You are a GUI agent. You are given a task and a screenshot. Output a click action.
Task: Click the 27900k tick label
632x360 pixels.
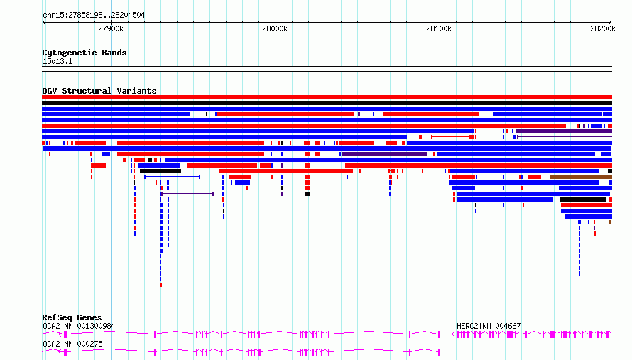pyautogui.click(x=111, y=28)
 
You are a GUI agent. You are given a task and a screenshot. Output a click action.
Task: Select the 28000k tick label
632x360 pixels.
pyautogui.click(x=275, y=28)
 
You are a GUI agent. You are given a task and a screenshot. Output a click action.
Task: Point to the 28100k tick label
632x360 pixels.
pyautogui.click(x=439, y=28)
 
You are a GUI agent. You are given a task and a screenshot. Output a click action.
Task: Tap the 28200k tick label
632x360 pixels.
pyautogui.click(x=603, y=28)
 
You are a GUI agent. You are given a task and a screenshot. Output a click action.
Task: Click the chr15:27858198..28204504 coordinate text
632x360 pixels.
pyautogui.click(x=94, y=15)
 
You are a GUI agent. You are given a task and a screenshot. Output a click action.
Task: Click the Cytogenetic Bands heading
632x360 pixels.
pyautogui.click(x=85, y=53)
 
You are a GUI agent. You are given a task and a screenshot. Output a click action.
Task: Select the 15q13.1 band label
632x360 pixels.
pyautogui.click(x=58, y=61)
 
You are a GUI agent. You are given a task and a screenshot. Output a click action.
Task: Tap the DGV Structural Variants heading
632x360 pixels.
pyautogui.click(x=99, y=91)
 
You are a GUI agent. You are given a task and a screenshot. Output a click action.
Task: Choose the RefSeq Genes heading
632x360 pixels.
pyautogui.click(x=72, y=317)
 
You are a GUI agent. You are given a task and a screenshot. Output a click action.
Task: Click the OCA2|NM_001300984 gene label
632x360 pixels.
pyautogui.click(x=79, y=326)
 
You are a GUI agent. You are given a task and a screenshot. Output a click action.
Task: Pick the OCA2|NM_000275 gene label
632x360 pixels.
pyautogui.click(x=72, y=344)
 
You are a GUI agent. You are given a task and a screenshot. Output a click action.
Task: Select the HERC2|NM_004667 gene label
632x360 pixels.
pyautogui.click(x=489, y=326)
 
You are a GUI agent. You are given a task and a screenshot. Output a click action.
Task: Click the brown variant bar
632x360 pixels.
pyautogui.click(x=581, y=177)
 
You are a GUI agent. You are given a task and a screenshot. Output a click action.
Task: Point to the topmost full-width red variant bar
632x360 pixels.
pyautogui.click(x=327, y=97)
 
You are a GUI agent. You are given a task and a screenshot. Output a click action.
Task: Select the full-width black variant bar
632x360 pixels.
pyautogui.click(x=327, y=103)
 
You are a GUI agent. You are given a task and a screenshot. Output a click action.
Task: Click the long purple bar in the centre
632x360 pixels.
pyautogui.click(x=384, y=154)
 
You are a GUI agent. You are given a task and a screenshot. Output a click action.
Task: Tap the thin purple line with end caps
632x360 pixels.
pyautogui.click(x=187, y=194)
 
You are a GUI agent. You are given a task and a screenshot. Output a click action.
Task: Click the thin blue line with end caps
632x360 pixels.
pyautogui.click(x=172, y=177)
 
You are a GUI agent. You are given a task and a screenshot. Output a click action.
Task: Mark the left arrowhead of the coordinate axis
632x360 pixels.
pyautogui.click(x=44, y=23)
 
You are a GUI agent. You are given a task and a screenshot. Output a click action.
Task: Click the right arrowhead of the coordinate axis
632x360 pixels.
pyautogui.click(x=610, y=23)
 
